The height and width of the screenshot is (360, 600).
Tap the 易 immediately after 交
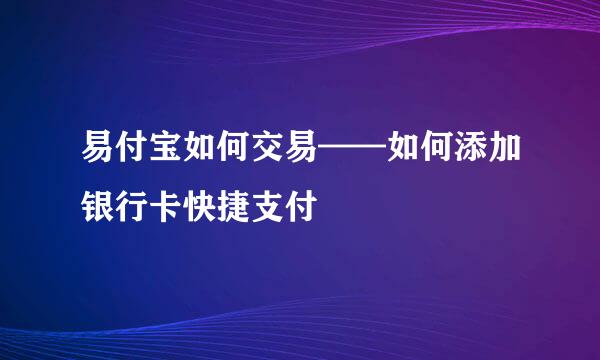(300, 158)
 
